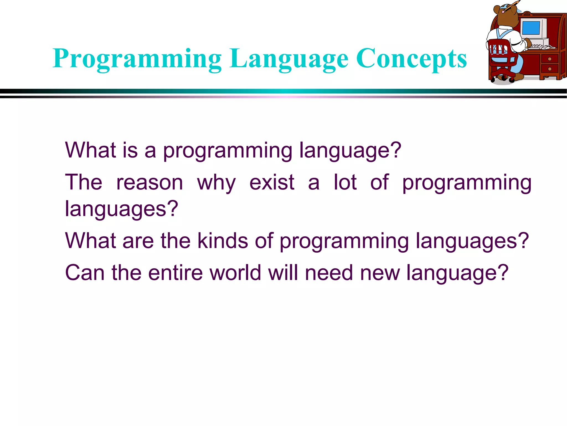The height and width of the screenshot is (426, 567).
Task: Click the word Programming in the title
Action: [x=137, y=59]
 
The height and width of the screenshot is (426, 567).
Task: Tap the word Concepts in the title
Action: [x=411, y=59]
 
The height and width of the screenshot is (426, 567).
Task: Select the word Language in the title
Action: [x=288, y=59]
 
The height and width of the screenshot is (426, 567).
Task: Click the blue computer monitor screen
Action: [x=531, y=28]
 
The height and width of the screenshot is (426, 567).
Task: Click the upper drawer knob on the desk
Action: [x=550, y=59]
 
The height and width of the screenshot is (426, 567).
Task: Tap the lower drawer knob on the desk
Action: [x=550, y=69]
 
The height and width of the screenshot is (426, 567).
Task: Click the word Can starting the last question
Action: [x=85, y=273]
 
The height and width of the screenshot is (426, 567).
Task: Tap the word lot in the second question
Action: [x=345, y=182]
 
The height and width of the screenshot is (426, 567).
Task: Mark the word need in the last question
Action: [x=329, y=273]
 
